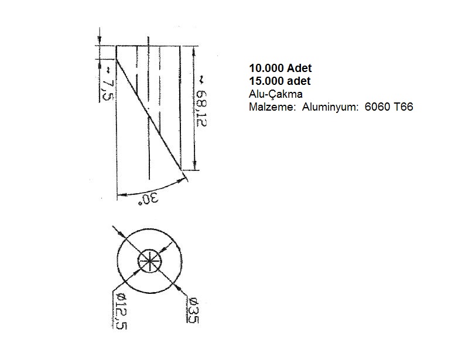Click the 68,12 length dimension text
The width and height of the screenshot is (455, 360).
[201, 108]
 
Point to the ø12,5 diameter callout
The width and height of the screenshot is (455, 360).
[121, 311]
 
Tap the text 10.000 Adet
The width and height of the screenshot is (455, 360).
[280, 68]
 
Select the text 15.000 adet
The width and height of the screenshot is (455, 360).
[280, 81]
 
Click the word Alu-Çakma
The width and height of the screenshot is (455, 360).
[276, 94]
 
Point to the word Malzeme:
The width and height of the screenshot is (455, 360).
[272, 107]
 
